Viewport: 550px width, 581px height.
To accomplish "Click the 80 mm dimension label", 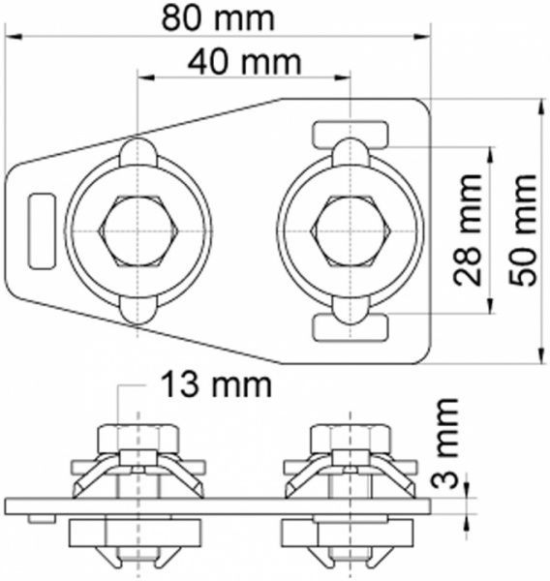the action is click(x=218, y=18).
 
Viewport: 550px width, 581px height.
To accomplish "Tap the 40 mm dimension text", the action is click(x=244, y=62).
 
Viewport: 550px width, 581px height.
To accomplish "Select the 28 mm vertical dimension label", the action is click(x=468, y=230).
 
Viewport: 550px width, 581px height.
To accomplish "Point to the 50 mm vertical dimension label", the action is click(x=523, y=230).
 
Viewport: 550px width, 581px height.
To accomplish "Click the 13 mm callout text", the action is click(x=217, y=385).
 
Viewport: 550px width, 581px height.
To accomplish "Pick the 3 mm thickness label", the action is click(x=444, y=443).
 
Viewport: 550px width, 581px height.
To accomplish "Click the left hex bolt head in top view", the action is click(x=137, y=231).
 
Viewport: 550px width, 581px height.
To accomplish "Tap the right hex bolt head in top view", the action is click(x=351, y=231).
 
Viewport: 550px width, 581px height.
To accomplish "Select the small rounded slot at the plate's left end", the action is click(x=43, y=231).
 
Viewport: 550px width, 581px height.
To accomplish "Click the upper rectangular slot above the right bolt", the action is click(x=351, y=135).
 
